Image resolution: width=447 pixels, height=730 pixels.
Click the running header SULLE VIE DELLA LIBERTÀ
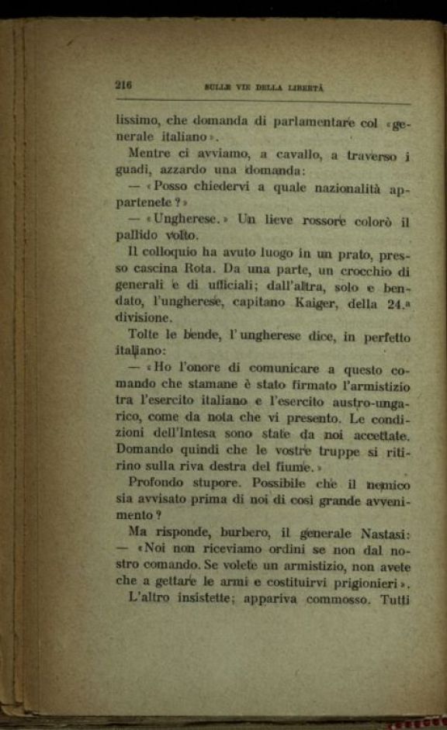[263, 88]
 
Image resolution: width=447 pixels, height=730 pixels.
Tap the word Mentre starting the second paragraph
[151, 153]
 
